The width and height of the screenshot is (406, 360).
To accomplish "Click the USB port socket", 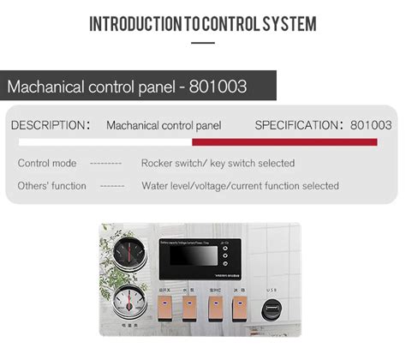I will pos(272,310).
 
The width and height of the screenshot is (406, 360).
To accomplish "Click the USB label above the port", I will pos(272,290).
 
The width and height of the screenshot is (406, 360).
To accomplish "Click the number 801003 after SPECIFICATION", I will pos(371,125).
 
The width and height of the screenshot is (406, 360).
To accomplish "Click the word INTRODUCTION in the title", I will pos(135,23).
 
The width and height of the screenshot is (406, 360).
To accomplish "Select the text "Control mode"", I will pos(47,163).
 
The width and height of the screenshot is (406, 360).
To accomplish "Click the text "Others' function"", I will pos(52,185).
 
